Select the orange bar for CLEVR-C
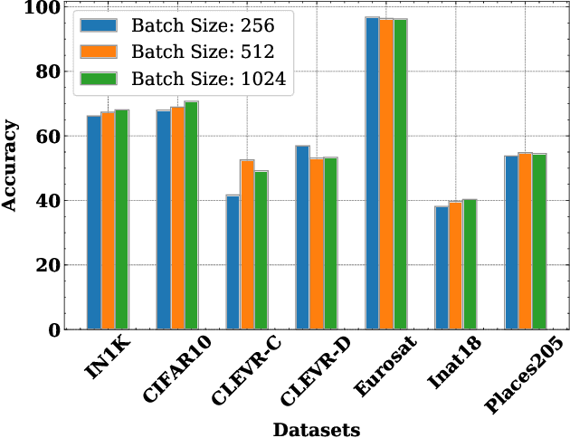(x=247, y=244)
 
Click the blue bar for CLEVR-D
(x=303, y=237)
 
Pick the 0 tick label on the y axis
(x=53, y=330)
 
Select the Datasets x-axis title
(x=317, y=428)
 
